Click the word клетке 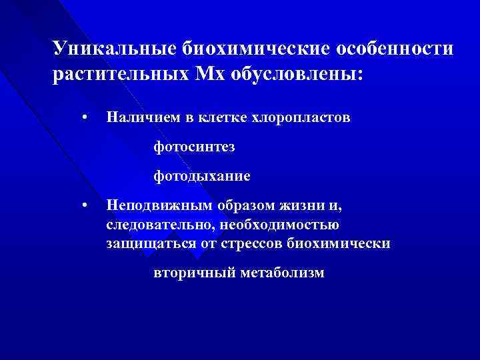pyautogui.click(x=216, y=117)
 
